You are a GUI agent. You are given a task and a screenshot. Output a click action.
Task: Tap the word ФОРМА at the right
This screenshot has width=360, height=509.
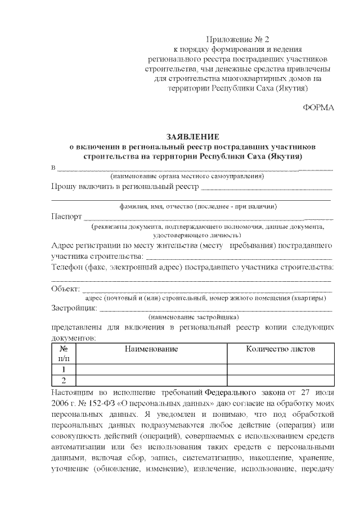coord(318,107)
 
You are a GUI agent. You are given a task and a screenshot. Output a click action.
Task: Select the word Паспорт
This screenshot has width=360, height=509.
coord(66,217)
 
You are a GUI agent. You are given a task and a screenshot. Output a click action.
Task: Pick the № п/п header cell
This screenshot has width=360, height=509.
coord(64,353)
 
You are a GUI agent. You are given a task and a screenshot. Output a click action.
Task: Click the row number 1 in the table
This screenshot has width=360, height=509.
coord(64,370)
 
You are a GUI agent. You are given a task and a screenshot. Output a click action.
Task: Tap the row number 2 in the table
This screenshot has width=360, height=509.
coord(64,381)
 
